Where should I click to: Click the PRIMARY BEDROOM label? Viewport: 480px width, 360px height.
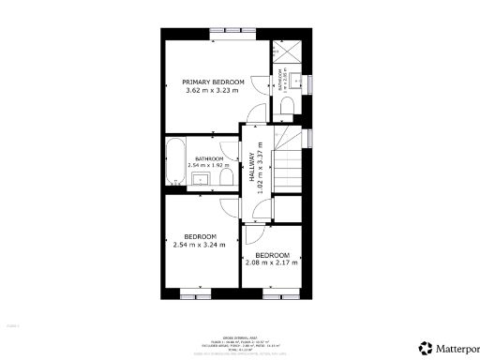click(x=214, y=82)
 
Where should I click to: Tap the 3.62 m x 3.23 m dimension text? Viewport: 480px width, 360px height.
click(x=214, y=91)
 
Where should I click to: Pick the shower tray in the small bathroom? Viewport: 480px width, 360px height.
click(x=285, y=52)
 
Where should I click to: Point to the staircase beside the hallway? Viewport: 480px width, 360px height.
click(x=287, y=164)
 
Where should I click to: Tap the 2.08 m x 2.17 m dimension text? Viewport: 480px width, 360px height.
click(x=271, y=262)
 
